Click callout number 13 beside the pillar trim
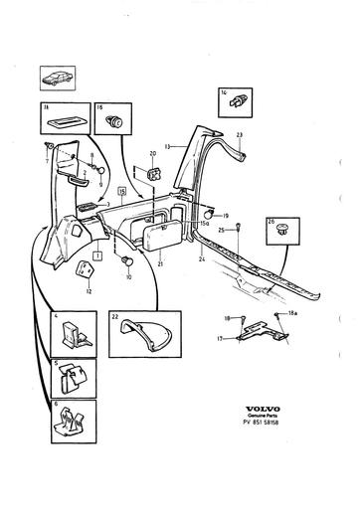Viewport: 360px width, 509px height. coord(168,145)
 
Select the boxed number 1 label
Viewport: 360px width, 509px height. coord(97,254)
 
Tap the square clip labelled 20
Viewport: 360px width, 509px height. coord(154,174)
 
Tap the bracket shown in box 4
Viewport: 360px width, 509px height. coord(71,333)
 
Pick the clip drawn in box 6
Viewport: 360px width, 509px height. coord(71,424)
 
